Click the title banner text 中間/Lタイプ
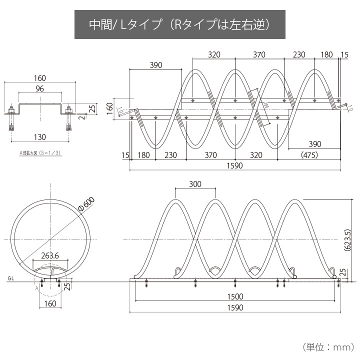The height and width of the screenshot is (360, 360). [x=125, y=24]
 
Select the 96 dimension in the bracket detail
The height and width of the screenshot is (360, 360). [x=39, y=89]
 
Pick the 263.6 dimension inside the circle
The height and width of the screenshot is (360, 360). [x=49, y=255]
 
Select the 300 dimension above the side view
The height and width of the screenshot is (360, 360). [x=195, y=184]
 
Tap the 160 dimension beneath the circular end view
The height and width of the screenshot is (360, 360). [x=49, y=302]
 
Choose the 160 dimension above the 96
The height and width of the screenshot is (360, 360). [x=39, y=77]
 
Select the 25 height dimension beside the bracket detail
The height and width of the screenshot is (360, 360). [x=92, y=108]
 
